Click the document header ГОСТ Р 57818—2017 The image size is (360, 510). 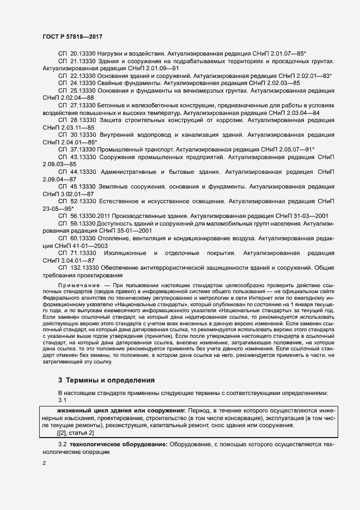point(72,36)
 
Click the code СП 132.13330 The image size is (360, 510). point(78,268)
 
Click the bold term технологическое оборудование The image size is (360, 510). point(114,446)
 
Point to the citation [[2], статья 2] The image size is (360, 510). point(75,432)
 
